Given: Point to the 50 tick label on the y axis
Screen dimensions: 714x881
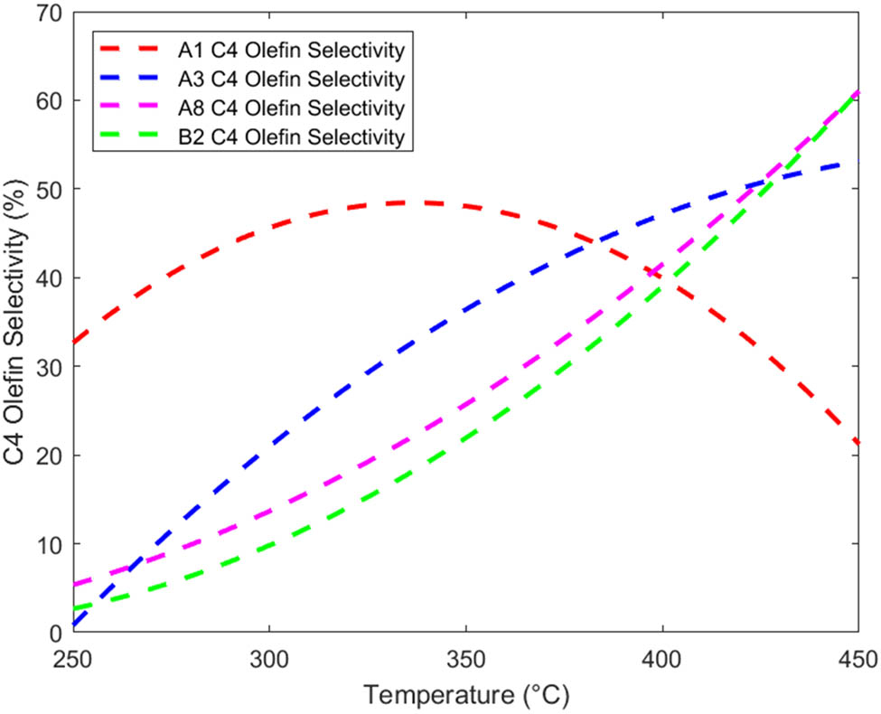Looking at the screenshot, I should pyautogui.click(x=47, y=189).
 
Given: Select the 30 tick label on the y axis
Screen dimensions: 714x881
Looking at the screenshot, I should pyautogui.click(x=47, y=367).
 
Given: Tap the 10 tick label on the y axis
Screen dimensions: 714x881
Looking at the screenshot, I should pyautogui.click(x=47, y=544).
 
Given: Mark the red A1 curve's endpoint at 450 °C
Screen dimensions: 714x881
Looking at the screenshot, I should pyautogui.click(x=858, y=444).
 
